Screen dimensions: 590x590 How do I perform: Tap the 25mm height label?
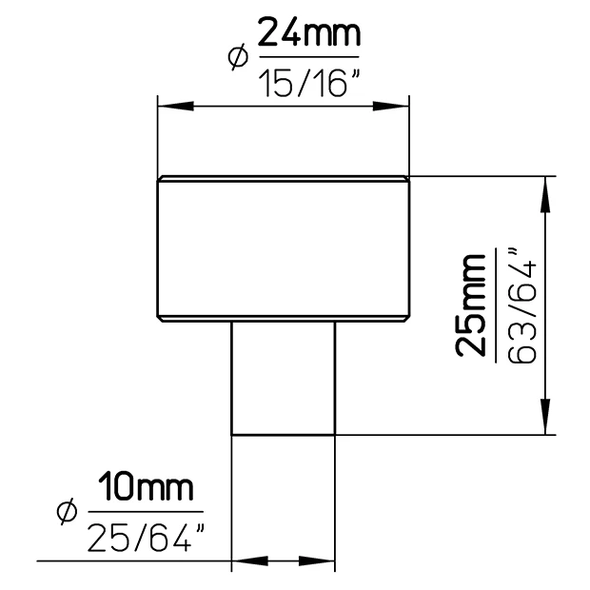pyautogui.click(x=470, y=305)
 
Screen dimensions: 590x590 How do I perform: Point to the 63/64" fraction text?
pyautogui.click(x=521, y=305)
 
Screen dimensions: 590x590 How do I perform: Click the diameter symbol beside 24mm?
pyautogui.click(x=238, y=57)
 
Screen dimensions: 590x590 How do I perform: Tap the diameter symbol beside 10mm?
pyautogui.click(x=68, y=512)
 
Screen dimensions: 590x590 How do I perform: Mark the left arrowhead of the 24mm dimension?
pyautogui.click(x=176, y=107)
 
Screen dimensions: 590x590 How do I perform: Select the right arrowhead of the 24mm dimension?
pyautogui.click(x=390, y=107)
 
